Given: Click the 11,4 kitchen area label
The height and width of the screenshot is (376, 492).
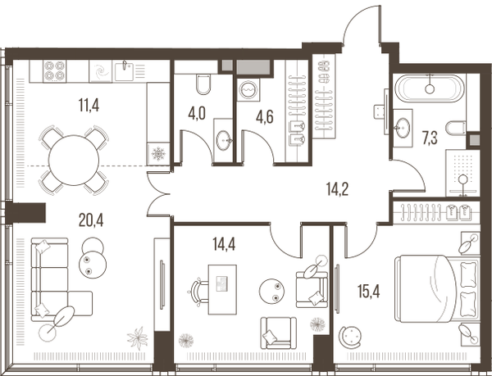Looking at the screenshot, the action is click(89, 105).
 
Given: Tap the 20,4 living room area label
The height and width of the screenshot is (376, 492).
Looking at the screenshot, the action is click(91, 220).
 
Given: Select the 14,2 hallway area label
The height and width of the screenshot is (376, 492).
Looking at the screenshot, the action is click(337, 189).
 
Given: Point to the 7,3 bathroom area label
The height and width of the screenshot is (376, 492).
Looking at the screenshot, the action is click(430, 138).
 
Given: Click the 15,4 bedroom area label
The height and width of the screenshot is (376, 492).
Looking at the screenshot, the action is click(369, 292).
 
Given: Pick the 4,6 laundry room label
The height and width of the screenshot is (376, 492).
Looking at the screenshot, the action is click(265, 117).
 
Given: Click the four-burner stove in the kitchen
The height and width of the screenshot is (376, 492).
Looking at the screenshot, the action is click(55, 70).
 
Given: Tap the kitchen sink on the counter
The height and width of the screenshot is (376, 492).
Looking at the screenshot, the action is click(125, 71).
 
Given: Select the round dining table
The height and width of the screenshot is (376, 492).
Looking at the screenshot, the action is click(74, 160).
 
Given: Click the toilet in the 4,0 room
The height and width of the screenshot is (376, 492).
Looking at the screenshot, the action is click(203, 84).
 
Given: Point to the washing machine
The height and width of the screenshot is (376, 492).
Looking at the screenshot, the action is click(248, 89).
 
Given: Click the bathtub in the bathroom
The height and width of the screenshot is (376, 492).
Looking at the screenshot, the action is click(429, 88).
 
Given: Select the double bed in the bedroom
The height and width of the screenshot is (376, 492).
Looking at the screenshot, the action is click(437, 288).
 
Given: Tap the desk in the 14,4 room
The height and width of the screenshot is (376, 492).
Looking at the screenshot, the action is click(222, 289).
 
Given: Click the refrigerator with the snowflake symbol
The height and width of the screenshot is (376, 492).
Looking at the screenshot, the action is click(158, 153).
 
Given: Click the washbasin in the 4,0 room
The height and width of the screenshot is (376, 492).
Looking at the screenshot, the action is click(224, 141).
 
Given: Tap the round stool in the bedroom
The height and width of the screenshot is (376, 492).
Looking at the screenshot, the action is click(350, 337).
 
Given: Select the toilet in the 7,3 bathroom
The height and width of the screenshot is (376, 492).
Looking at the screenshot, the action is click(457, 129).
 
